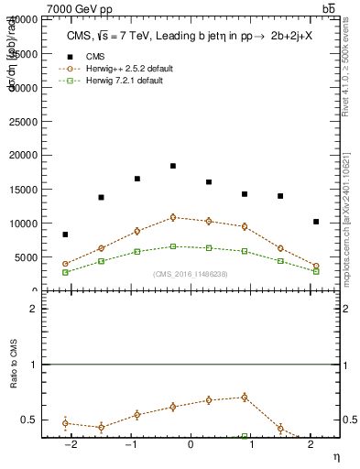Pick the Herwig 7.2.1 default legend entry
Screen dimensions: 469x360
pyautogui.click(x=125, y=82)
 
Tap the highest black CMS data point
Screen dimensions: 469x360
pyautogui.click(x=173, y=166)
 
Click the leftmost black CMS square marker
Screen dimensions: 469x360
pyautogui.click(x=65, y=234)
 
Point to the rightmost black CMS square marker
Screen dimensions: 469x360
pyautogui.click(x=316, y=222)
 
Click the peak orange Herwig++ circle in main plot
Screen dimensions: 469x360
pyautogui.click(x=173, y=217)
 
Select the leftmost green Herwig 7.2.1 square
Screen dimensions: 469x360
pyautogui.click(x=65, y=272)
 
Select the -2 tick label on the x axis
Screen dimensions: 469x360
pyautogui.click(x=69, y=444)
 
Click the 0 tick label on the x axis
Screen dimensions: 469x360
pyautogui.click(x=191, y=444)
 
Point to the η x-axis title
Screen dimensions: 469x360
pyautogui.click(x=335, y=455)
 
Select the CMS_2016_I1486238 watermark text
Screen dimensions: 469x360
pyautogui.click(x=191, y=274)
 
